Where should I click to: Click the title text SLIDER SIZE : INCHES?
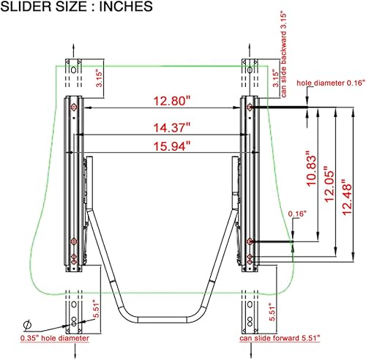pyautogui.click(x=77, y=8)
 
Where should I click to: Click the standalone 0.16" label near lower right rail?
pyautogui.click(x=297, y=213)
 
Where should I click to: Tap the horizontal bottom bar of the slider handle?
pyautogui.click(x=162, y=317)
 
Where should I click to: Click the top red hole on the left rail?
pyautogui.click(x=72, y=108)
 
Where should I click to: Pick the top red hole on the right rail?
pyautogui.click(x=250, y=108)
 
